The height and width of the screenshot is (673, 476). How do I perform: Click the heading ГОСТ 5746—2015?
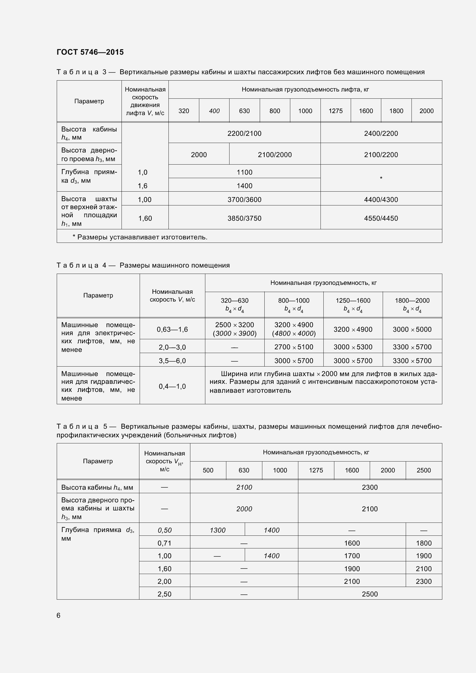90,52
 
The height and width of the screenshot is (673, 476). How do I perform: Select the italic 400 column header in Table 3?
214,111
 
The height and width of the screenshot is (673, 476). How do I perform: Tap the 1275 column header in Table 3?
335,111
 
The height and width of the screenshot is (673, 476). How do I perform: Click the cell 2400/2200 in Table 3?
381,134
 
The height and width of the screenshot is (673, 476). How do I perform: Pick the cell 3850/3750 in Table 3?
244,218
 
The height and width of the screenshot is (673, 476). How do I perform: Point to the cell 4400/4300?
381,200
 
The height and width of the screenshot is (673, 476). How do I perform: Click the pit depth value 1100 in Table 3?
244,172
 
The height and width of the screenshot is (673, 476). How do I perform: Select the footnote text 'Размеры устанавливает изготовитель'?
142,237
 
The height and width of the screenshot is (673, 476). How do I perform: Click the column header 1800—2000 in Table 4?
412,300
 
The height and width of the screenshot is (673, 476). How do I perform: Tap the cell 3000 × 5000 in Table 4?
412,329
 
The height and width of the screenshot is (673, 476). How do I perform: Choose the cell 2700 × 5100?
294,347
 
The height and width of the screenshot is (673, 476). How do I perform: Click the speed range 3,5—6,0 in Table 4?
172,361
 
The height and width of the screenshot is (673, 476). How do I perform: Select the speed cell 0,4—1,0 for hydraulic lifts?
172,386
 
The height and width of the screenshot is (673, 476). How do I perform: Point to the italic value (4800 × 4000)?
294,333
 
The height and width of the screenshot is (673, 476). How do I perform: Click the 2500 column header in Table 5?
424,470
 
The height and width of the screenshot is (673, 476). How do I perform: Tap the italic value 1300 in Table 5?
218,530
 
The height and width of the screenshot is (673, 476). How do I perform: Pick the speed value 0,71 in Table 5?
164,543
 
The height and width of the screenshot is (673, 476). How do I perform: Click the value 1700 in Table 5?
352,556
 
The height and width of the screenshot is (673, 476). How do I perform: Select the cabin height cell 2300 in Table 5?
369,487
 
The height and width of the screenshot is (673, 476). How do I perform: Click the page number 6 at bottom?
58,615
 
